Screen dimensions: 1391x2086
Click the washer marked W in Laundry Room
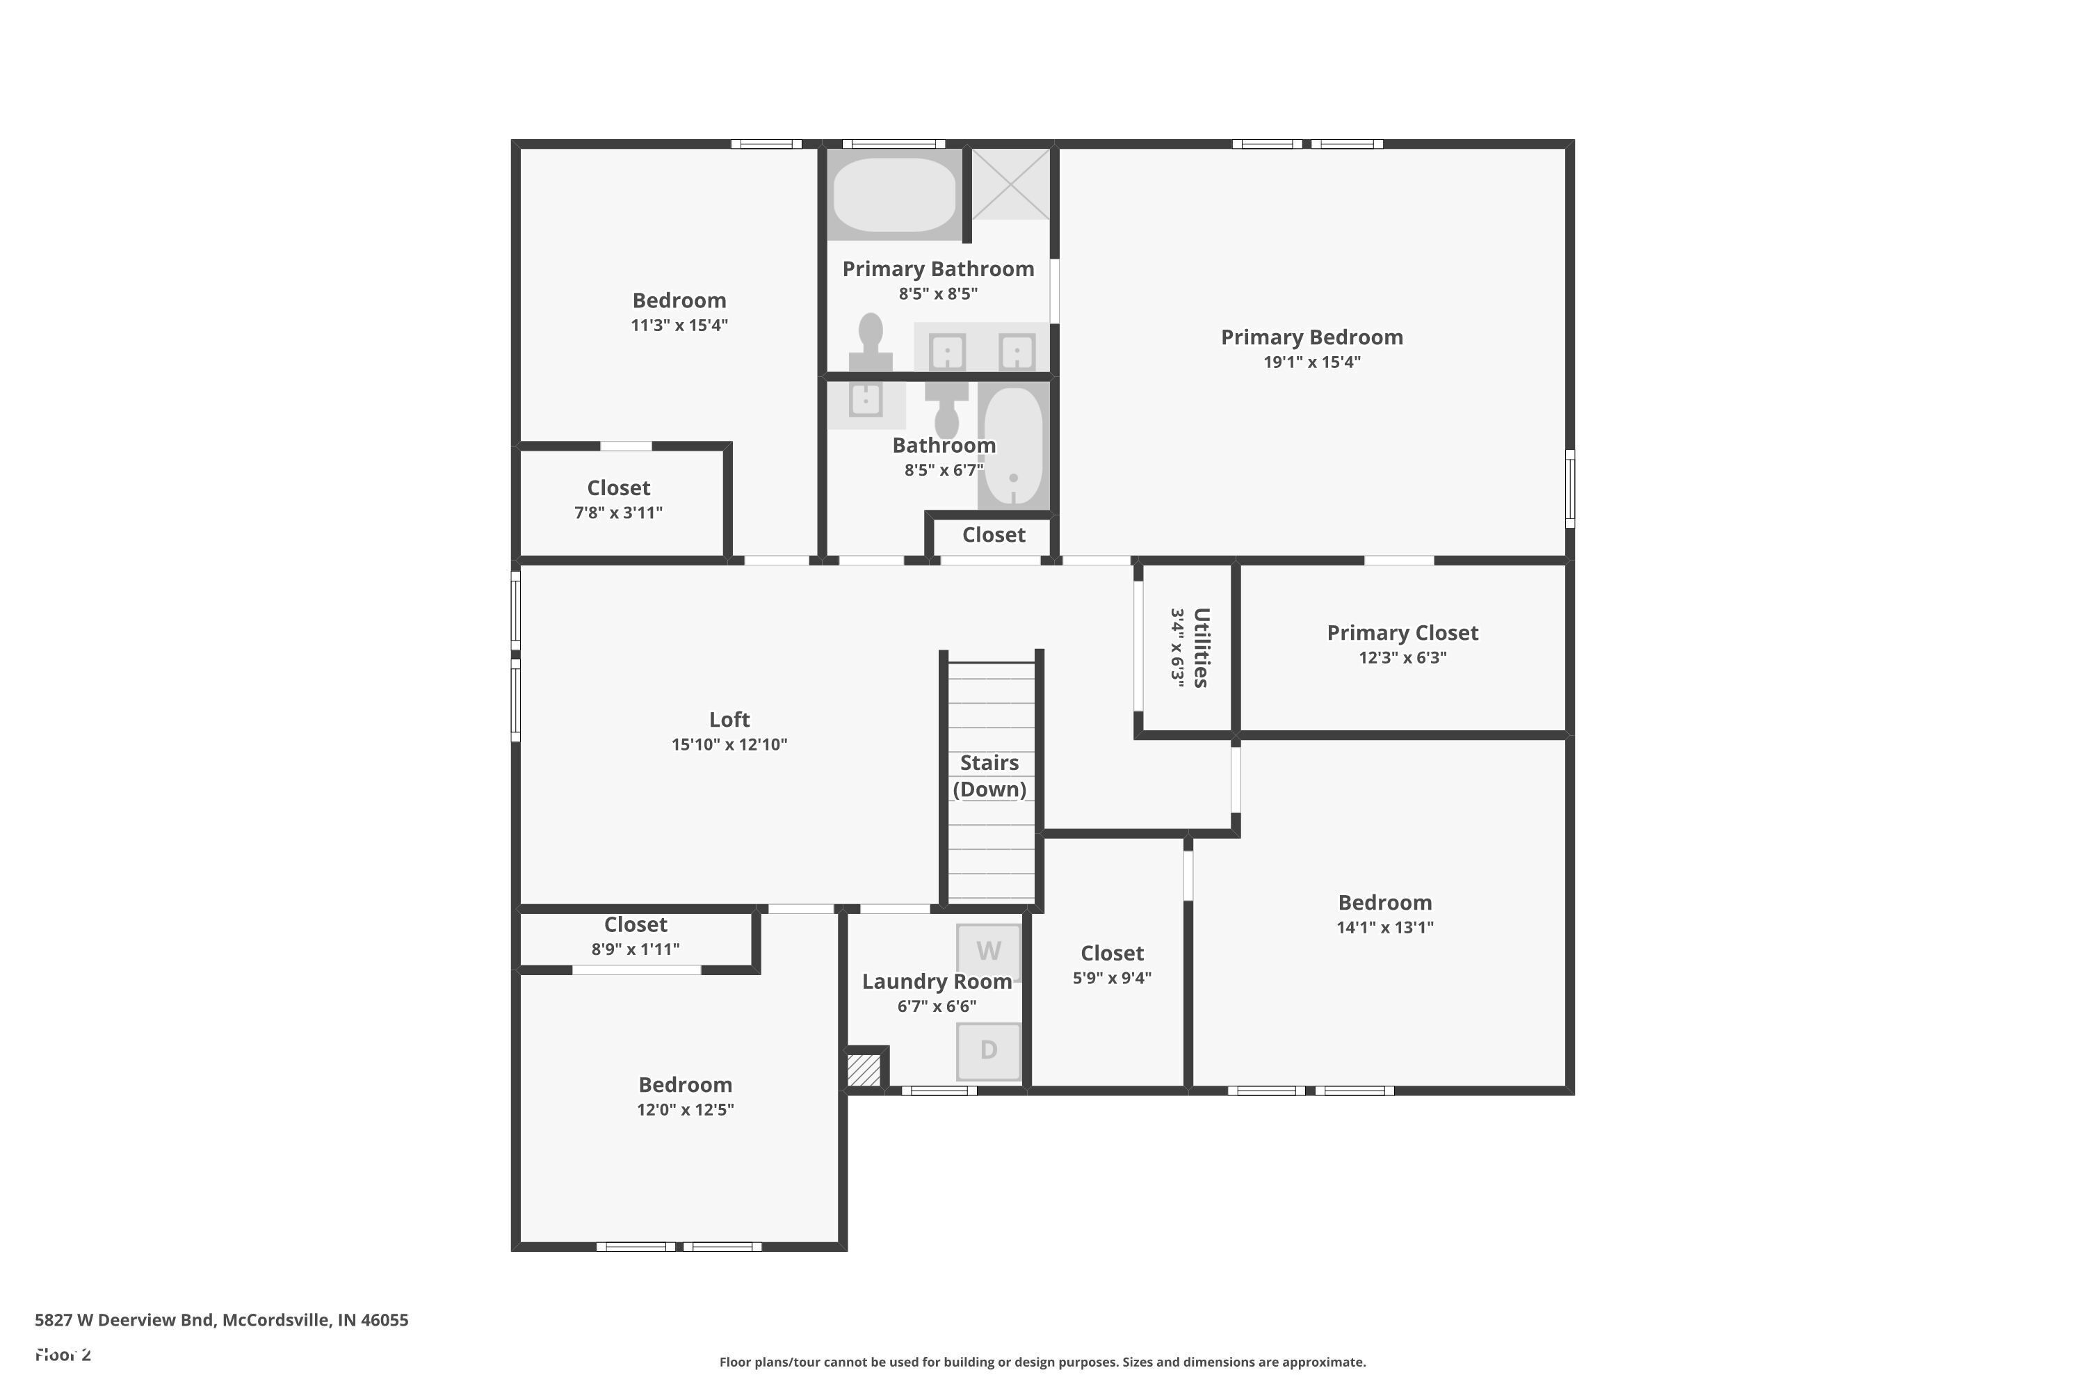988,952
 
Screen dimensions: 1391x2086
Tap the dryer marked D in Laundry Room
988,1051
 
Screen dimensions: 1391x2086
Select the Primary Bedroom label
1311,337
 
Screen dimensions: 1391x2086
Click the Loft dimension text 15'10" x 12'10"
729,744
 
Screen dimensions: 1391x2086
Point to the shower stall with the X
1010,184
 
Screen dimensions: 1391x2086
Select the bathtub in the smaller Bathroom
1014,447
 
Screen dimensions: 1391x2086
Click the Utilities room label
1201,648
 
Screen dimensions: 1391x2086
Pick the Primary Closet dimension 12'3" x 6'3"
1402,657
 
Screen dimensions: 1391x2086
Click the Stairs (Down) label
989,775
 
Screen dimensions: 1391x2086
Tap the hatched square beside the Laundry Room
863,1068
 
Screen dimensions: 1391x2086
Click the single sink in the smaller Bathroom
866,400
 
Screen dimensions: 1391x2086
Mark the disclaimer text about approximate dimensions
1042,1362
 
